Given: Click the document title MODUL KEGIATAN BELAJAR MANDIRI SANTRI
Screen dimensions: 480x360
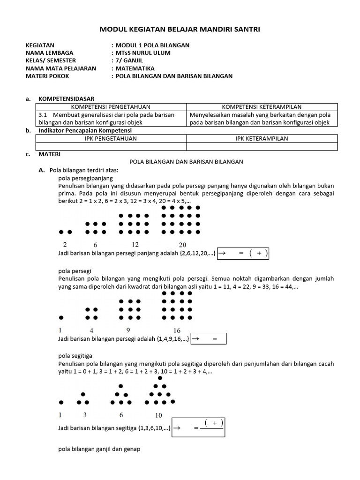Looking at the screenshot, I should tap(180, 30).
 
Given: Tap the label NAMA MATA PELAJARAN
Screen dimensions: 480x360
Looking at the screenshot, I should tap(60, 68).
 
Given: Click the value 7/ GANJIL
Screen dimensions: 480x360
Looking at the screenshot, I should tap(129, 60).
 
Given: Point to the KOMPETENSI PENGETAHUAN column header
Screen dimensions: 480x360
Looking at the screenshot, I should tap(111, 107).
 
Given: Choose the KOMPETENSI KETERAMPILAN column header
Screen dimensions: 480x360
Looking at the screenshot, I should tap(262, 107).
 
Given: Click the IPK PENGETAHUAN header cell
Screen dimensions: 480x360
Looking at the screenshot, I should tap(111, 138).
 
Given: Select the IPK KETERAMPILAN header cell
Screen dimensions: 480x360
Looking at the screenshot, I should tap(262, 138).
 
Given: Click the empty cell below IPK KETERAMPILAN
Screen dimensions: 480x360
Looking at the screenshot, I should tap(262, 146).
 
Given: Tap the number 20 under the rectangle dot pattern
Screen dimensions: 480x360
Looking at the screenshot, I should tap(182, 245).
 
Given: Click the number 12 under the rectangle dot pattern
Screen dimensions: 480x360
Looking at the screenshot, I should tap(135, 244).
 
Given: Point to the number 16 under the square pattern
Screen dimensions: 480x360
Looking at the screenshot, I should tap(177, 330).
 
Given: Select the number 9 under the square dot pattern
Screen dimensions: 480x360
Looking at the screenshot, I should tap(128, 330).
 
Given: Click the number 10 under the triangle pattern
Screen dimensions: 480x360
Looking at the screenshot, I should tap(158, 415).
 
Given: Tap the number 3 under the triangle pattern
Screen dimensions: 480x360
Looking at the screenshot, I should tap(85, 415).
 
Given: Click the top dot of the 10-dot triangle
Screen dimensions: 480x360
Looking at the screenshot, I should tap(160, 378).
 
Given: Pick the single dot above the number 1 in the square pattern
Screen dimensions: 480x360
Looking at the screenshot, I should tap(61, 318).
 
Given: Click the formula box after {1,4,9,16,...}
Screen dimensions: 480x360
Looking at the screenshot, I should tap(209, 338).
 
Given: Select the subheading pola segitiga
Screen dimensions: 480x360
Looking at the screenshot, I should tap(75, 356).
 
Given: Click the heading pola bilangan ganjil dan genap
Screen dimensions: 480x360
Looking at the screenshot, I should tap(99, 449).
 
